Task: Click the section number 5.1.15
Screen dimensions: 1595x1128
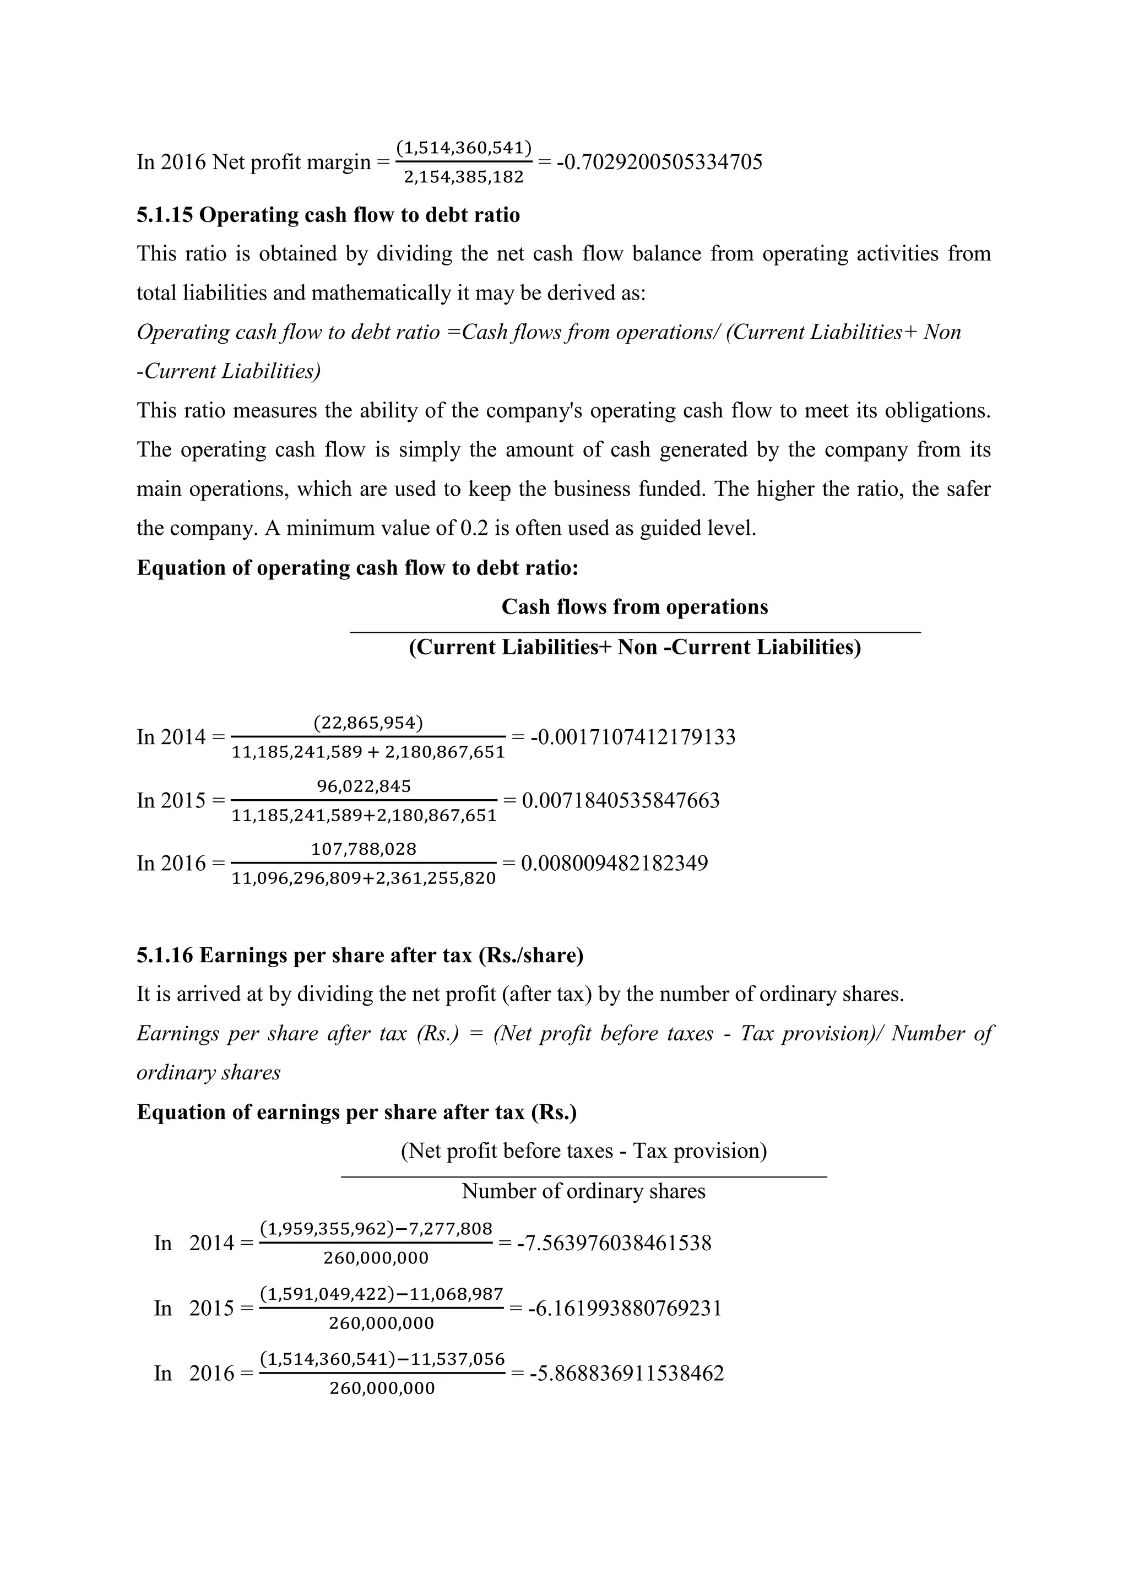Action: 165,215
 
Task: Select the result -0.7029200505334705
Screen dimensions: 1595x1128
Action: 659,162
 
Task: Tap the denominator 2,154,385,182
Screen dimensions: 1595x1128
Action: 463,177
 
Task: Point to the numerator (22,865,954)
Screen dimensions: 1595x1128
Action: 368,723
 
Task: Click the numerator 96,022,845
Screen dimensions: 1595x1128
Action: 364,786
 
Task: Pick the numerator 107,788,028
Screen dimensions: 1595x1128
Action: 364,849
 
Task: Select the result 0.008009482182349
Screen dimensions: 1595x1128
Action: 614,864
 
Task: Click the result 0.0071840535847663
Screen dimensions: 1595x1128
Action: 620,800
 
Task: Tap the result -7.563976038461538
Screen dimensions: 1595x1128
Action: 614,1243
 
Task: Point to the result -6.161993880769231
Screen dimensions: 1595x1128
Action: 625,1308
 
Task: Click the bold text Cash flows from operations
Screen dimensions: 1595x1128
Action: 635,607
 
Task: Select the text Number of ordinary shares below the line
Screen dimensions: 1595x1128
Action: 583,1191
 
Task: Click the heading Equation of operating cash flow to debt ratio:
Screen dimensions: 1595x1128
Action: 357,568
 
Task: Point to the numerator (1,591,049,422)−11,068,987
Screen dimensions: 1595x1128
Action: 381,1294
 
